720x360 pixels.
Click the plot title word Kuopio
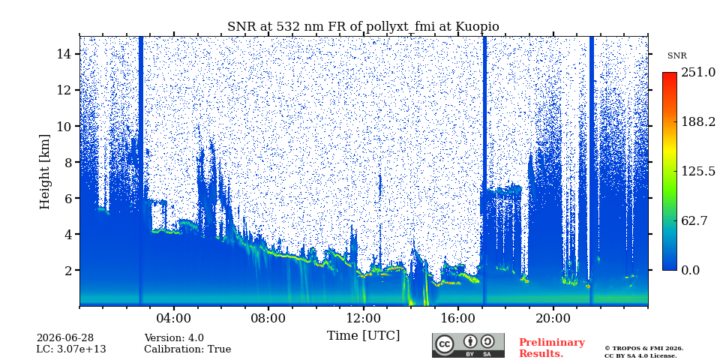click(x=477, y=27)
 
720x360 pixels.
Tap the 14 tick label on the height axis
click(x=64, y=54)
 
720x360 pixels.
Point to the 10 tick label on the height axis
click(x=64, y=126)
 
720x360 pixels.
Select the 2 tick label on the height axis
click(x=68, y=270)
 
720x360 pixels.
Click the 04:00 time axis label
click(x=174, y=318)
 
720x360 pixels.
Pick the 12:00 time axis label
click(x=364, y=318)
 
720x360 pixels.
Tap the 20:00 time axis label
click(x=553, y=318)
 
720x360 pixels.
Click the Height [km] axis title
click(x=44, y=172)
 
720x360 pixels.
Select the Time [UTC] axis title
click(x=363, y=336)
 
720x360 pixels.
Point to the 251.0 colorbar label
click(x=698, y=72)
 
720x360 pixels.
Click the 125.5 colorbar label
click(x=698, y=171)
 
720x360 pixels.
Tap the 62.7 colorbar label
click(x=694, y=220)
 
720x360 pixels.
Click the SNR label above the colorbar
click(x=676, y=56)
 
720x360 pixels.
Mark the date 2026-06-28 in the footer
click(x=64, y=338)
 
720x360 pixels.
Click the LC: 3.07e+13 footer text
click(x=71, y=349)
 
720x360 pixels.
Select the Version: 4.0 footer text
click(x=174, y=338)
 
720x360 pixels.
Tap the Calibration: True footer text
click(x=187, y=349)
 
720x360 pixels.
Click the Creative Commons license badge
click(x=468, y=345)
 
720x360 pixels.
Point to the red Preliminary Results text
click(x=552, y=348)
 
